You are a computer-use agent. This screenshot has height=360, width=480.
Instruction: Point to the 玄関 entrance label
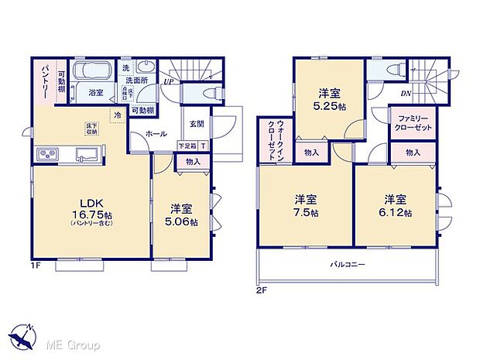[196, 124]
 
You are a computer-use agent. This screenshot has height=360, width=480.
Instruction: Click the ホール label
[155, 134]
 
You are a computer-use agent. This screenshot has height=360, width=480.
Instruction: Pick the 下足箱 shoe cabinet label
[187, 146]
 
